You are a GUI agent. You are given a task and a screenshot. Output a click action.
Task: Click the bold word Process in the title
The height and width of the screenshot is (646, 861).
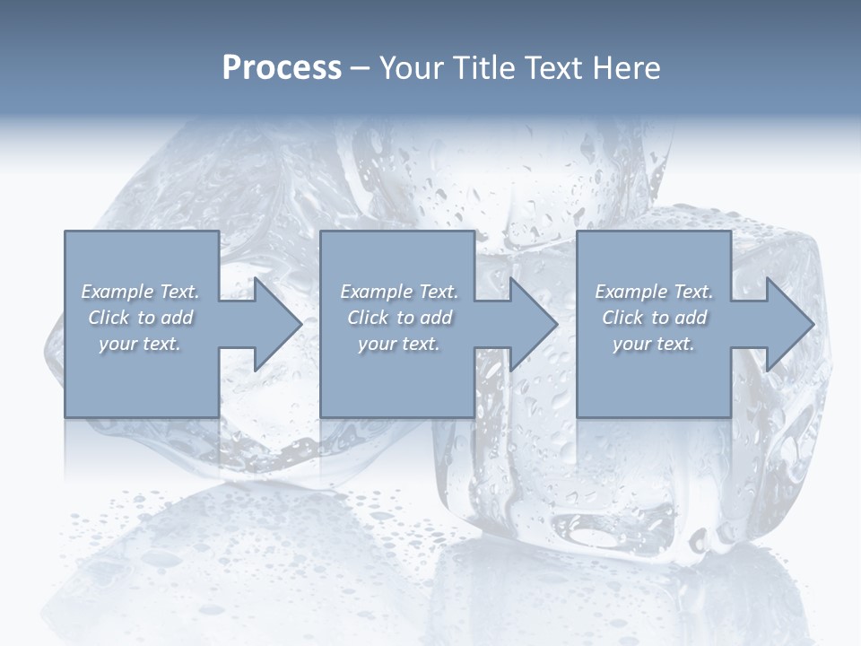tap(282, 68)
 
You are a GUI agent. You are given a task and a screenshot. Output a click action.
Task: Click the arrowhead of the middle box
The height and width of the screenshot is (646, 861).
tap(531, 324)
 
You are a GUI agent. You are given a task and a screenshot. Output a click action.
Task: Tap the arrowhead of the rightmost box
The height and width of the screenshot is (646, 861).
tap(787, 324)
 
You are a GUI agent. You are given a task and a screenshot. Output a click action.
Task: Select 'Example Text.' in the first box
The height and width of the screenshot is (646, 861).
tap(140, 292)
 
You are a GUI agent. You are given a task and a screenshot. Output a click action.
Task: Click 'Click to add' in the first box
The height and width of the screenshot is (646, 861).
tap(140, 318)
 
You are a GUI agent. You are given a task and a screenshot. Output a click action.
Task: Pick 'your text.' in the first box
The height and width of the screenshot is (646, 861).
tap(140, 344)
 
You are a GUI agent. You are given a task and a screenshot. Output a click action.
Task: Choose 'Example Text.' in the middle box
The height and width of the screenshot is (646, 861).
tap(399, 292)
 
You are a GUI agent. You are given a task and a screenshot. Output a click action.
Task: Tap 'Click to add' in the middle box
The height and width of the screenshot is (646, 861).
tap(399, 318)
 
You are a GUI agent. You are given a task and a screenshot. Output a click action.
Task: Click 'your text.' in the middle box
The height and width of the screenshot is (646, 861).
tap(399, 344)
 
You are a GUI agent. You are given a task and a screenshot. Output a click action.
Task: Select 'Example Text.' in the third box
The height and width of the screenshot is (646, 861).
tap(654, 292)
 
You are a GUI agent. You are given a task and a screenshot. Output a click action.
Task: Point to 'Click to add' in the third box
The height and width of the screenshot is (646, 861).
tap(654, 318)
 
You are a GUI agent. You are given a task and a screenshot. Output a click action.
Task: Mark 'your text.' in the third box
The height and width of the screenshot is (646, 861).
tap(654, 344)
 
